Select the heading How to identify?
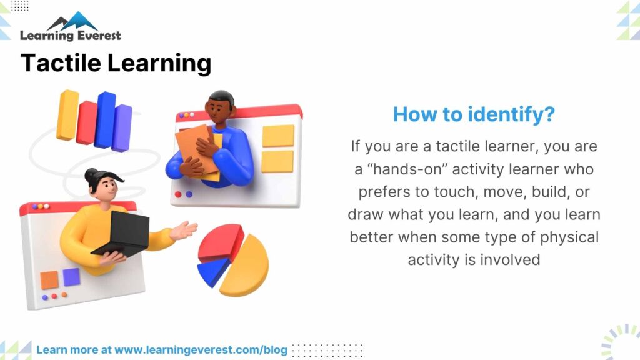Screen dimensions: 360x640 474,114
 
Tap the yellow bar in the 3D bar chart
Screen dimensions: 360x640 67,114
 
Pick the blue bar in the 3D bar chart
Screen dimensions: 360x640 104,119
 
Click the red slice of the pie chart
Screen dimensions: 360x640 220,242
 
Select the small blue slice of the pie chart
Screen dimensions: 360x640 212,271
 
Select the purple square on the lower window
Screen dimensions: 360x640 71,277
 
